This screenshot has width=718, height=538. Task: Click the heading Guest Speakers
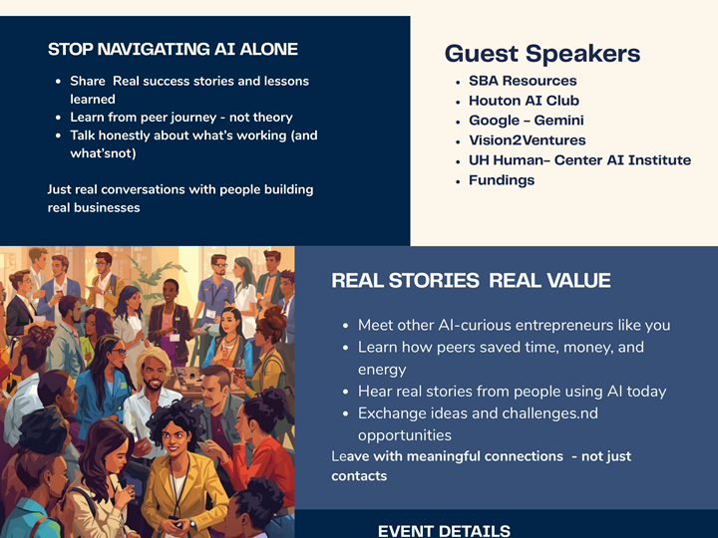coord(542,54)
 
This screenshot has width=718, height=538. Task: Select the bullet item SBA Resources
coord(523,81)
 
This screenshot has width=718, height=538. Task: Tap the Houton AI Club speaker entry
coord(524,101)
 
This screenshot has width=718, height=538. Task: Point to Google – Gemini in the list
coord(526,121)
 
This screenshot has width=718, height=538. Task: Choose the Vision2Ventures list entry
coord(527,140)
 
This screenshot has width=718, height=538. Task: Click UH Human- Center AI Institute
coord(579,160)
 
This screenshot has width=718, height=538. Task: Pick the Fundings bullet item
coord(502,180)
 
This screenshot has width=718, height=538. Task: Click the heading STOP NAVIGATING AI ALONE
coord(173,50)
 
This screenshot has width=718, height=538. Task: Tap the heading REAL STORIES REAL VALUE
coord(471,281)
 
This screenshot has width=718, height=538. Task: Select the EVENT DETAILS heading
coord(444,531)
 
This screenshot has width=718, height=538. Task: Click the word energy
coord(382,370)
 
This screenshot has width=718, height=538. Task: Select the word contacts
coord(359,476)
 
